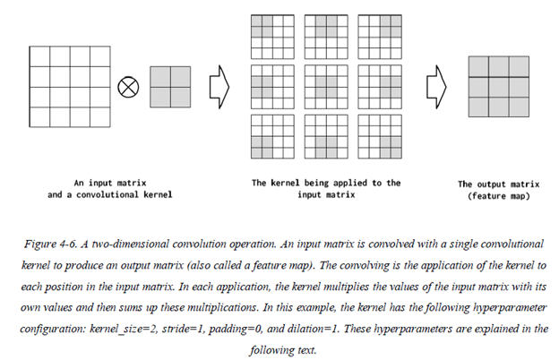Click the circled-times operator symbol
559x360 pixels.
129,86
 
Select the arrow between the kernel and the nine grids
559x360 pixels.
218,86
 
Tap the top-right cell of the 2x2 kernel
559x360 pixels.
181,76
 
